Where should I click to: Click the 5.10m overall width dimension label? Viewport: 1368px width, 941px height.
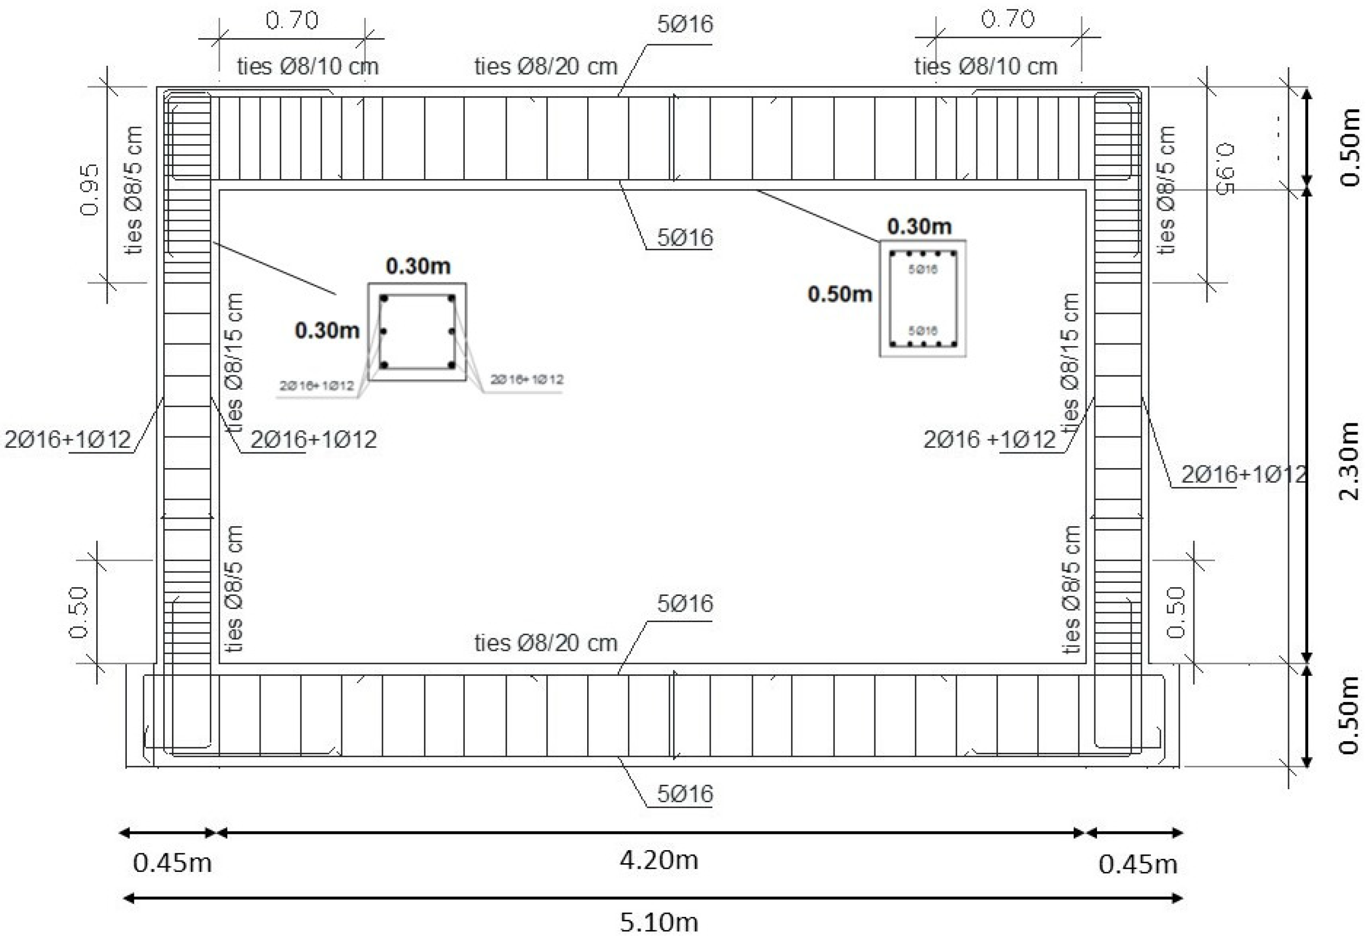pos(658,921)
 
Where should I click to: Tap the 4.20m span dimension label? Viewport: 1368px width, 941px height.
pos(658,860)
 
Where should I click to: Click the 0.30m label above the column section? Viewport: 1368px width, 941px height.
pos(418,266)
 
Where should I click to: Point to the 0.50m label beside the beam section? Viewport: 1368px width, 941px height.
pos(839,294)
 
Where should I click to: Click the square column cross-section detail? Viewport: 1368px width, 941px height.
pos(417,332)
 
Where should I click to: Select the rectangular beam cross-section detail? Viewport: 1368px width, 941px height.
pos(922,298)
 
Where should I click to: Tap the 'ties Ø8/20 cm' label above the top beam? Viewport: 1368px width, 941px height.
pos(545,66)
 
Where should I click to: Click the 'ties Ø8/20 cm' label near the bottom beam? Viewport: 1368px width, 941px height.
pos(545,643)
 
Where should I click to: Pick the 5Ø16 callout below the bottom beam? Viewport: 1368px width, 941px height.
pos(685,794)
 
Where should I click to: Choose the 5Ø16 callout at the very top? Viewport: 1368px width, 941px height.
pos(685,24)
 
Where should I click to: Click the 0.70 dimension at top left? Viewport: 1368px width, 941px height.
pos(292,21)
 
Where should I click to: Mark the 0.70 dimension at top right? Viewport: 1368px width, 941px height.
pos(1007,20)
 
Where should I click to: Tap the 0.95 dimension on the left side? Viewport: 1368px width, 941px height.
pos(90,190)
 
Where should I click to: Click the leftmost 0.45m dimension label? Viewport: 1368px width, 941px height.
pos(172,863)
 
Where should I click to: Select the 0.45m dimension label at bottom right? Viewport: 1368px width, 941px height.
pos(1137,864)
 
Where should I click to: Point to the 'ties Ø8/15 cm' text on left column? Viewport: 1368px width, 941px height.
pos(234,362)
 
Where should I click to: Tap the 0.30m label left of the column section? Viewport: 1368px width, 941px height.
pos(327,330)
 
